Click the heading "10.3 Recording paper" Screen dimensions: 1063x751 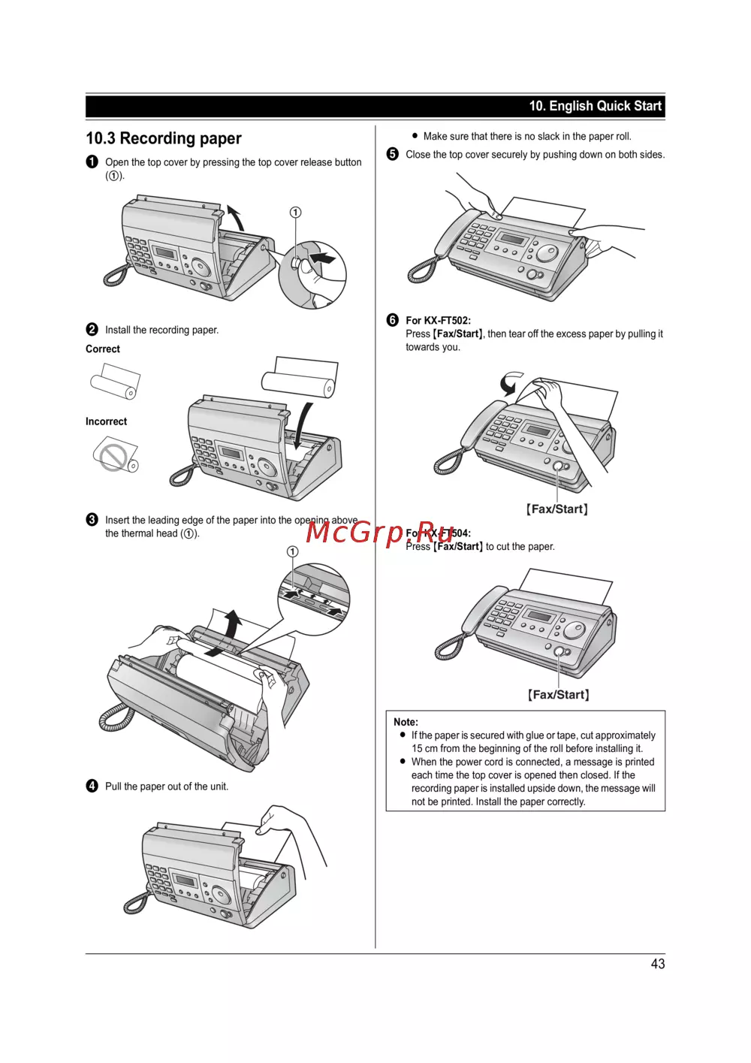pyautogui.click(x=164, y=138)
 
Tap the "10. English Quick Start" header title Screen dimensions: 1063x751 pyautogui.click(x=595, y=106)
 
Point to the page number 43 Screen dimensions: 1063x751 pyautogui.click(x=657, y=964)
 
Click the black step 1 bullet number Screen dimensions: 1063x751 pyautogui.click(x=92, y=162)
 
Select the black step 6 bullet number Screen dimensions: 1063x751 pyautogui.click(x=392, y=320)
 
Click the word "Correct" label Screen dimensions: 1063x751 pyautogui.click(x=103, y=349)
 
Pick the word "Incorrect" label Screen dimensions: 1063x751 pyautogui.click(x=106, y=421)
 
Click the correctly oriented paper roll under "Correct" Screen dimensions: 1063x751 pyautogui.click(x=115, y=382)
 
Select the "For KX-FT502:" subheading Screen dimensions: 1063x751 pyautogui.click(x=438, y=320)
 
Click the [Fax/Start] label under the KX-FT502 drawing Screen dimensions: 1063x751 pyautogui.click(x=557, y=509)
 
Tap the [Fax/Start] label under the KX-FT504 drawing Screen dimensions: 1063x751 pyautogui.click(x=558, y=695)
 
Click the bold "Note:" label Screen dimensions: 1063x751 pyautogui.click(x=406, y=722)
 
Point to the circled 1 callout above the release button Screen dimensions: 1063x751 pyautogui.click(x=296, y=213)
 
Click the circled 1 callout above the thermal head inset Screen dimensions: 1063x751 pyautogui.click(x=292, y=551)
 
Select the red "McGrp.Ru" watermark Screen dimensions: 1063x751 pyautogui.click(x=380, y=532)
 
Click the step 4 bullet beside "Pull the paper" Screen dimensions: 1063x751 pyautogui.click(x=92, y=786)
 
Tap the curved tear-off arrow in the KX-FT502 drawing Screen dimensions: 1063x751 pyautogui.click(x=510, y=382)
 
